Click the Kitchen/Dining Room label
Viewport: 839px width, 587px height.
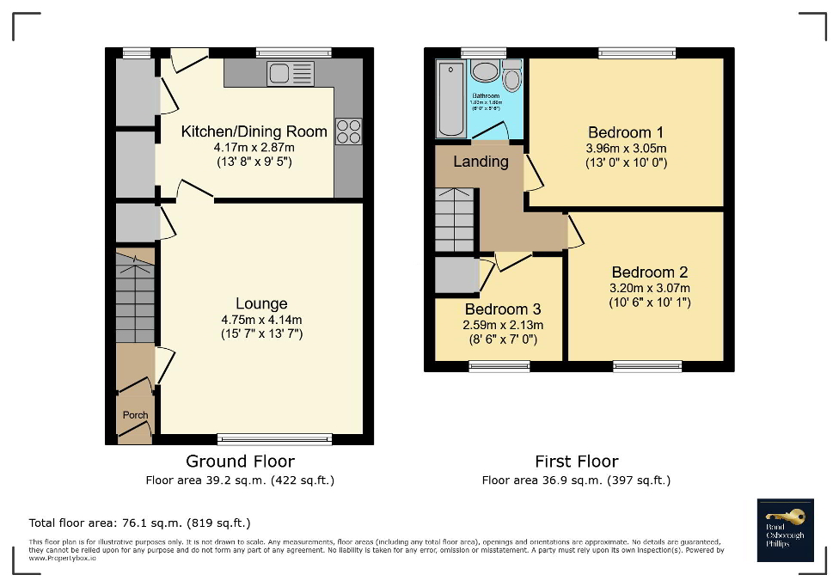coord(254,131)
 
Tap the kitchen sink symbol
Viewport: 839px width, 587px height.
coord(291,74)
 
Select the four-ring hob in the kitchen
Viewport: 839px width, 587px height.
coord(348,131)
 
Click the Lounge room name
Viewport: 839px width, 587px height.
coord(261,303)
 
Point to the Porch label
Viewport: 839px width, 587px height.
coord(135,415)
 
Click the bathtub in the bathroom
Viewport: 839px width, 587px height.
coord(450,99)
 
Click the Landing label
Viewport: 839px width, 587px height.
coord(481,162)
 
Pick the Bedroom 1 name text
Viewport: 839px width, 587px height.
coord(625,132)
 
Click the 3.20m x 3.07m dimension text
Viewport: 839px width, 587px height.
coord(650,288)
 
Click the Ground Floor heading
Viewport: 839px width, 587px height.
coord(241,462)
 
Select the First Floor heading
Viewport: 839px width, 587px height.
coord(576,462)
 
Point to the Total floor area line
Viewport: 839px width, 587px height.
coord(140,523)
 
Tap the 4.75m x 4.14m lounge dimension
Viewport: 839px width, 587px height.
coord(261,319)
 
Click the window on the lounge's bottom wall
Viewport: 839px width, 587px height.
coord(274,439)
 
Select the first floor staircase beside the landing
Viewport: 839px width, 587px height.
coord(454,219)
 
